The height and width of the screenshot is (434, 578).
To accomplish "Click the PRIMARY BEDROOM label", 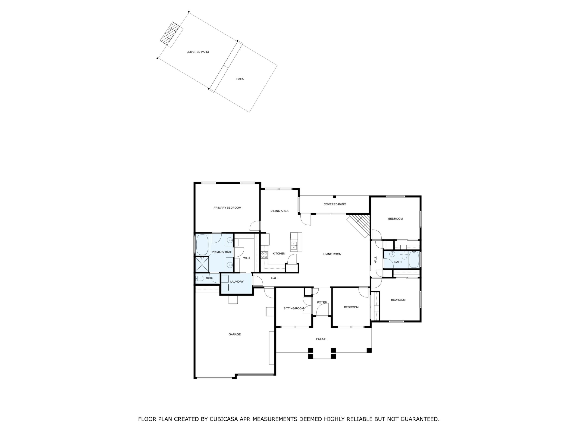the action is point(227,208).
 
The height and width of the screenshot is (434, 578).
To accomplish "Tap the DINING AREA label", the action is point(279,211).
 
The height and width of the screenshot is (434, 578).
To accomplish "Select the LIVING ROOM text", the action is point(332,254).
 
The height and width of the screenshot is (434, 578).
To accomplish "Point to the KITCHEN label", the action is point(279,253).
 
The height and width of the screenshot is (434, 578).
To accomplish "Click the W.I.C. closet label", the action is point(247,258).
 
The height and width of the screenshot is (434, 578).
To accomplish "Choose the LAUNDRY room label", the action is point(237,281).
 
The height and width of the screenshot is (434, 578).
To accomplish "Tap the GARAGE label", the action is point(235,334).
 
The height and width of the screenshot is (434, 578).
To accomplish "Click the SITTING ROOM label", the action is point(294,308).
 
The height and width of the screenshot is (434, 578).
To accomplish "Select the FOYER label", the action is point(322,302).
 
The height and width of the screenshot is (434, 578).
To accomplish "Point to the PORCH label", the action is point(321,339).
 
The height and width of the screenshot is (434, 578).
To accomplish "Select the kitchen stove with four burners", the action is point(264,255).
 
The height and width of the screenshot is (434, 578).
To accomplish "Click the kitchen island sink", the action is point(294,246).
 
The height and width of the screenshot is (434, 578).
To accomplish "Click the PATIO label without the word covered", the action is point(240,79).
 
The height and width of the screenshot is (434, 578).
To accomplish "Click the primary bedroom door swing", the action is point(255,226).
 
